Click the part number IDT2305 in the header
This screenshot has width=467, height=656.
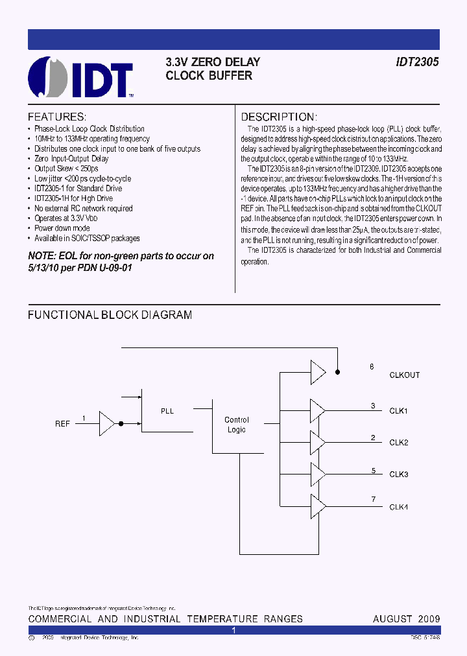point(418,62)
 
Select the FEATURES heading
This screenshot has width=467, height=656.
point(57,117)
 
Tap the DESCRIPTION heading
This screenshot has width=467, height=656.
point(279,117)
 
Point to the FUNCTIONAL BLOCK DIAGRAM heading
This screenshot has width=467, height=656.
point(110,315)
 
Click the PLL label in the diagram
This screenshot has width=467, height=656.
point(167,411)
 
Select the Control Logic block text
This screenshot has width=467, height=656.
point(237,425)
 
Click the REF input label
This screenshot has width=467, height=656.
point(62,424)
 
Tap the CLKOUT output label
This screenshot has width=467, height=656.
point(404,375)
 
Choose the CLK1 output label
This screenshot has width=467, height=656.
point(398,411)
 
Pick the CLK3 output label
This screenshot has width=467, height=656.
point(398,474)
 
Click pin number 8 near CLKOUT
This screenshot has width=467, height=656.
point(372,367)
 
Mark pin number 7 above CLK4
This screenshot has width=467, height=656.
point(373,498)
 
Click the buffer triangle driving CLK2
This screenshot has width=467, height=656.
point(318,443)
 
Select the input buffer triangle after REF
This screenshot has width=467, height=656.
point(106,423)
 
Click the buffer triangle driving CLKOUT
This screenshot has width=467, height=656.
point(318,372)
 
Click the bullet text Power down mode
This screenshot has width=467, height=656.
point(62,228)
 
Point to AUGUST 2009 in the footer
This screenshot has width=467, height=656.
point(406,619)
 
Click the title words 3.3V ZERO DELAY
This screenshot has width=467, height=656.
point(213,62)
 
